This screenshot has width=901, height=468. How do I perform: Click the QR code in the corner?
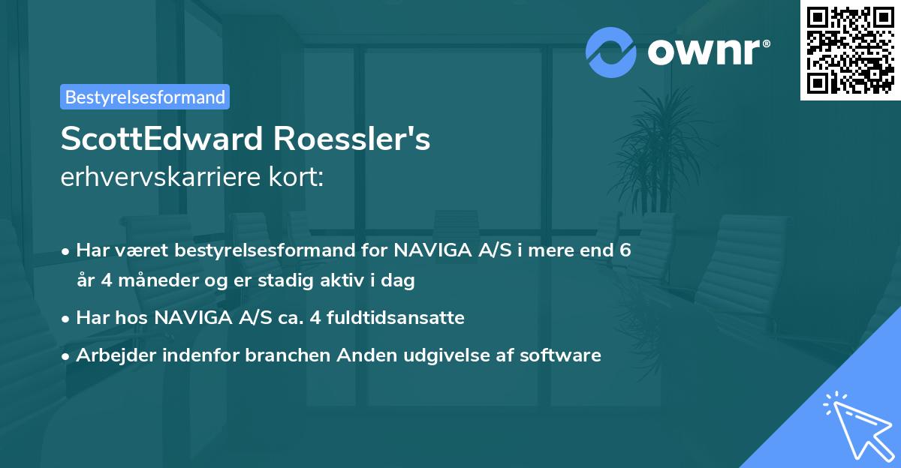851,49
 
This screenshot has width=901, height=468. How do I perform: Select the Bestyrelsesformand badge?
145,97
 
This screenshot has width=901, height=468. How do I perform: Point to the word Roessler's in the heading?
352,139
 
